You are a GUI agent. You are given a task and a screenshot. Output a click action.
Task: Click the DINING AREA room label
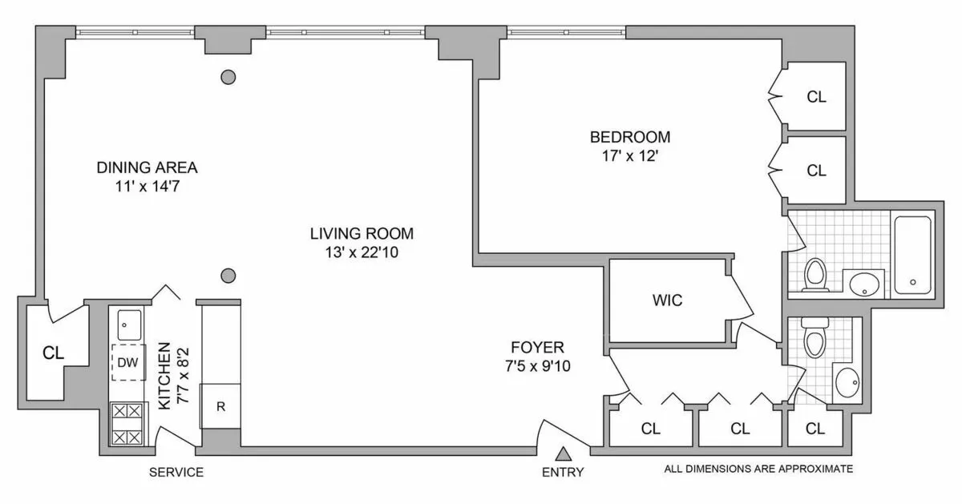pyautogui.click(x=147, y=168)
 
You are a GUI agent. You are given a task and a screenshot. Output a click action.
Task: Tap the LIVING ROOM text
pyautogui.click(x=362, y=234)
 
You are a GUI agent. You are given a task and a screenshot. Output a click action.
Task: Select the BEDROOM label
pyautogui.click(x=630, y=136)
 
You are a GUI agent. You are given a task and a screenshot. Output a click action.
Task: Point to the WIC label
pyautogui.click(x=667, y=300)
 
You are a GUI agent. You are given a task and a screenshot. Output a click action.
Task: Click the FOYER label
pyautogui.click(x=538, y=348)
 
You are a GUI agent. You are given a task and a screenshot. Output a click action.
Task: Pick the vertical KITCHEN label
pyautogui.click(x=164, y=376)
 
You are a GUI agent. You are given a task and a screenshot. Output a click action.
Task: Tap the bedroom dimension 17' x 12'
pyautogui.click(x=629, y=157)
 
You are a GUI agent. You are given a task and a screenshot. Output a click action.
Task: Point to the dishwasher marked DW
pyautogui.click(x=127, y=363)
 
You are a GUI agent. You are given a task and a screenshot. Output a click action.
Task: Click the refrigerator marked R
pyautogui.click(x=221, y=406)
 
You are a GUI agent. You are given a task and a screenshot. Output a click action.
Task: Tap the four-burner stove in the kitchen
pyautogui.click(x=127, y=424)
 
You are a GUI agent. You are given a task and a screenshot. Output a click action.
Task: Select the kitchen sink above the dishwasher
pyautogui.click(x=128, y=325)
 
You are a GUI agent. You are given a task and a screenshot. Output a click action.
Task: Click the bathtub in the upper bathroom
pyautogui.click(x=912, y=253)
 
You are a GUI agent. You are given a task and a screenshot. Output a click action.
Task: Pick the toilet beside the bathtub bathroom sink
pyautogui.click(x=815, y=275)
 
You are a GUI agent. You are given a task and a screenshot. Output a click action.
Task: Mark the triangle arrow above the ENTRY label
pyautogui.click(x=564, y=454)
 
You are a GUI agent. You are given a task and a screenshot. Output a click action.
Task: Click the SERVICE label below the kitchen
pyautogui.click(x=176, y=472)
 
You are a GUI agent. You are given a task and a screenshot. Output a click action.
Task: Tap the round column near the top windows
pyautogui.click(x=228, y=78)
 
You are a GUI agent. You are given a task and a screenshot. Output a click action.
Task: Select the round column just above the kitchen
pyautogui.click(x=228, y=276)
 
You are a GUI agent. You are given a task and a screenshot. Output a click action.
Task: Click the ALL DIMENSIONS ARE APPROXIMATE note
pyautogui.click(x=758, y=469)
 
